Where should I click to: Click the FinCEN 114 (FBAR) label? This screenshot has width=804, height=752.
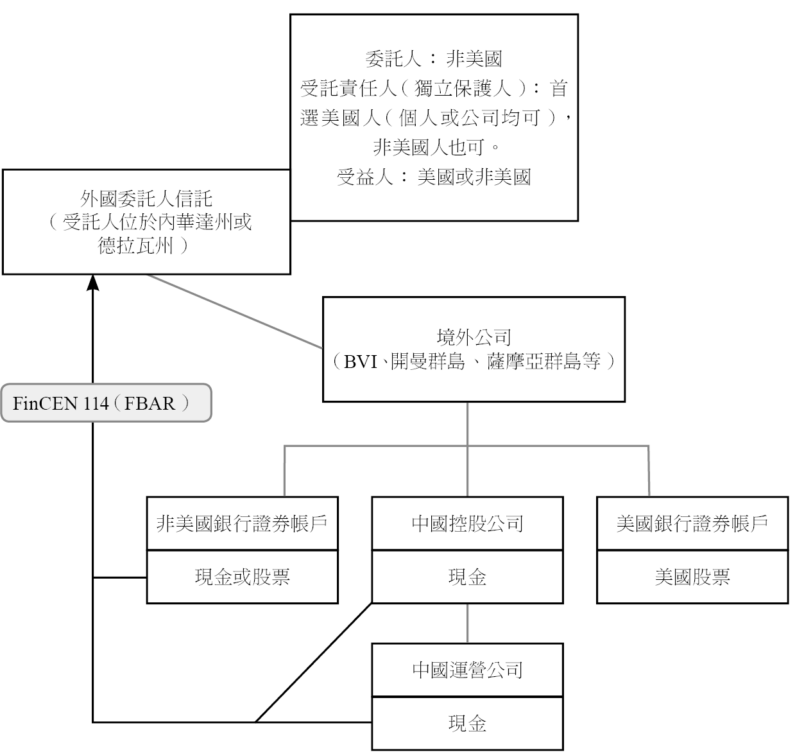(106, 403)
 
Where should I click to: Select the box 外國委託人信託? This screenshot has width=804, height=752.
(146, 222)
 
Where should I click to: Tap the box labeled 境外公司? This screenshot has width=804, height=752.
(474, 349)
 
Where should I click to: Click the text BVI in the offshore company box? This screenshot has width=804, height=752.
(361, 362)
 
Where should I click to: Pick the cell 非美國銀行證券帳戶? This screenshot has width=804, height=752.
(242, 523)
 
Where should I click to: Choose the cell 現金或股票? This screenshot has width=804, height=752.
(242, 577)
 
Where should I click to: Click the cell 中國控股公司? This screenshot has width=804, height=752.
(467, 523)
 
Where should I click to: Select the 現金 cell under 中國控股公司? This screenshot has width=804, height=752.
(467, 577)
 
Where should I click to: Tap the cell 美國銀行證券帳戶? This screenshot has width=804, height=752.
(692, 523)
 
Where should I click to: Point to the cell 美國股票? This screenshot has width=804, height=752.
(692, 577)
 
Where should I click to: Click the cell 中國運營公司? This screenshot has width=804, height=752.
(467, 670)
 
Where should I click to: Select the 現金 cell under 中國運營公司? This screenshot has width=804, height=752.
(467, 724)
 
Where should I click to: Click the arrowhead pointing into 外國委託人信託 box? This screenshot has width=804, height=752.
(92, 282)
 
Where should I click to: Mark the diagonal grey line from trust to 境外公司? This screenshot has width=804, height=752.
(235, 311)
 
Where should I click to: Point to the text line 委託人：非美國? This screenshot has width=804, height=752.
(434, 59)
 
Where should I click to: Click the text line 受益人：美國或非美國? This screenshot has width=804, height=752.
(434, 177)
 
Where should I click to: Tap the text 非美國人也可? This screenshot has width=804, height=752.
(429, 148)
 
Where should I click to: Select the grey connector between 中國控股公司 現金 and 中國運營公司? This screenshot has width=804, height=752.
(468, 624)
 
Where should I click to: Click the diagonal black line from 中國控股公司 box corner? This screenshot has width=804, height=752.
(314, 663)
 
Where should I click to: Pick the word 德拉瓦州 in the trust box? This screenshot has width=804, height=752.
(135, 245)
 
